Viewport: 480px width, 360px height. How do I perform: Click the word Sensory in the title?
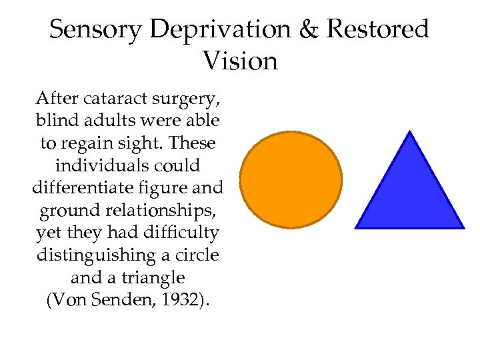coord(96,29)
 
